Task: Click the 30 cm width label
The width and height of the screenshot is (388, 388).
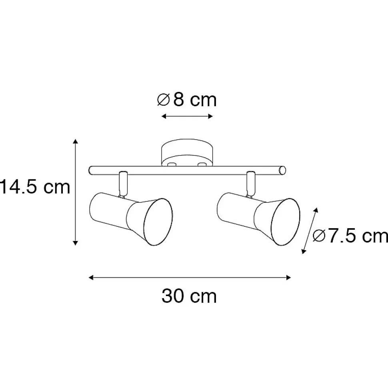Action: point(189,296)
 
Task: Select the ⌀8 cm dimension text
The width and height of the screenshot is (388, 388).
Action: point(187,100)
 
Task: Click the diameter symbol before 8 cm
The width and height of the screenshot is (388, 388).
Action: point(164,100)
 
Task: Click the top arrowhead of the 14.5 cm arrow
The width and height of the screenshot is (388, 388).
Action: point(76,141)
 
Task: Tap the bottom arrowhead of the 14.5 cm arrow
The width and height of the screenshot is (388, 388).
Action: point(76,243)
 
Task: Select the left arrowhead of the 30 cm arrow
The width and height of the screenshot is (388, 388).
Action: point(91,277)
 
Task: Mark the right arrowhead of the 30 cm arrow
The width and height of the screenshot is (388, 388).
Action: point(288,277)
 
